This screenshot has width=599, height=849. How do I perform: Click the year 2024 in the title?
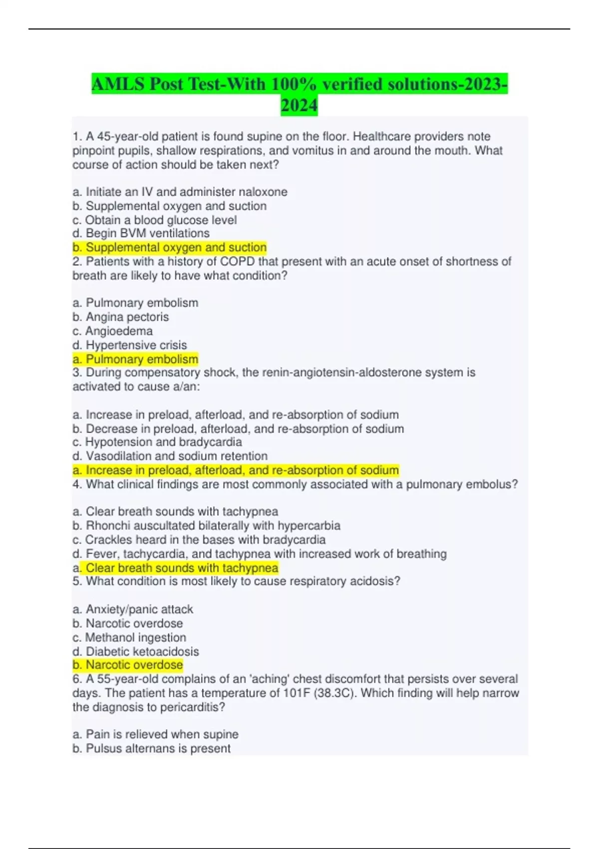pos(299,105)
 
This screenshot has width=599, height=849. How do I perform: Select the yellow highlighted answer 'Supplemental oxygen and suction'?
pos(170,247)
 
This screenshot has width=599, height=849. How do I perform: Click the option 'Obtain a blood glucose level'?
pos(155,220)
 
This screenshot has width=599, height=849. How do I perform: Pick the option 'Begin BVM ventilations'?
pos(141,233)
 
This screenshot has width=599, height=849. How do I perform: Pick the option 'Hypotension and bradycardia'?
pos(157,442)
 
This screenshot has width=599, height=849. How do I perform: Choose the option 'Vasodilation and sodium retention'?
pos(170,456)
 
